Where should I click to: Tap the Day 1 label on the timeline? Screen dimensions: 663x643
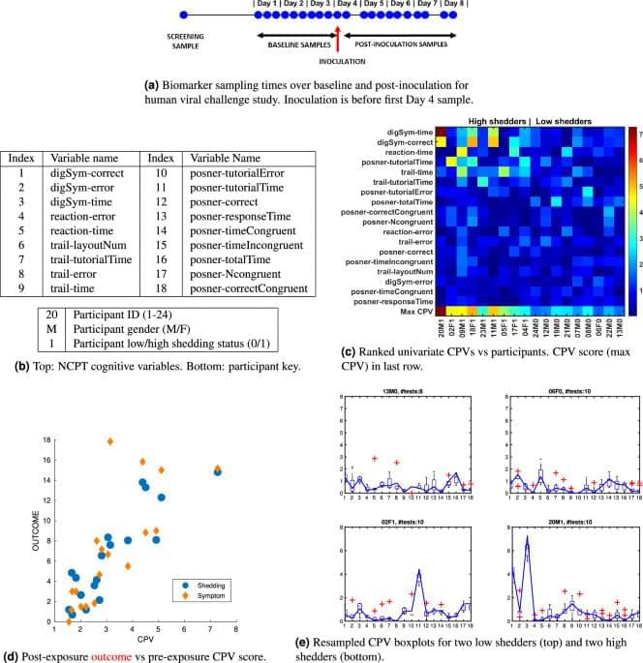268,4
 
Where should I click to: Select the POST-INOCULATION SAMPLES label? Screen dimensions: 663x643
397,45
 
